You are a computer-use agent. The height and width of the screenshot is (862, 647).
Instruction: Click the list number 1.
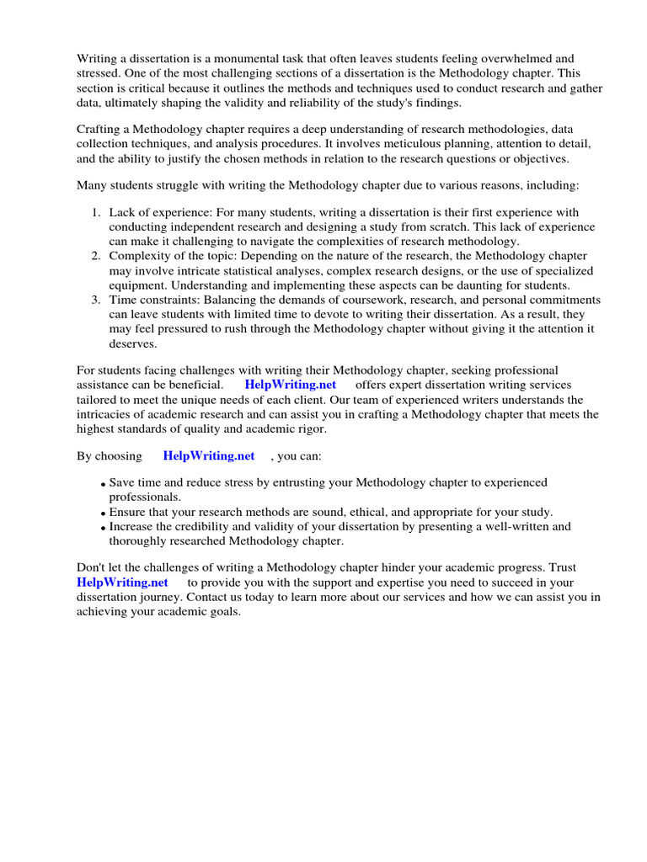pos(97,213)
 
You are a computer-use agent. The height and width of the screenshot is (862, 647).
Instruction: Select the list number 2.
pos(97,256)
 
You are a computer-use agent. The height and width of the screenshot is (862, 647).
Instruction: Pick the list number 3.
pos(97,300)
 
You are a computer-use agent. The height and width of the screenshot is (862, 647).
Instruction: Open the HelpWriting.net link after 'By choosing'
pos(209,455)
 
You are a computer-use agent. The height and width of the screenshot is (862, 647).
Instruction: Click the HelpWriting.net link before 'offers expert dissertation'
pos(291,384)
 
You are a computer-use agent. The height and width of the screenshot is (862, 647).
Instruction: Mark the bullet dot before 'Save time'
pos(103,485)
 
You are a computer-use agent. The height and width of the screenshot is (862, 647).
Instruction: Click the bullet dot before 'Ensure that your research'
pos(103,513)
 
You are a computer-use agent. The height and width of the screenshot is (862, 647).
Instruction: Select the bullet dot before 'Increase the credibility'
pos(103,528)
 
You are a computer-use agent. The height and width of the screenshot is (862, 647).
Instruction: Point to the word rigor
pos(307,428)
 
